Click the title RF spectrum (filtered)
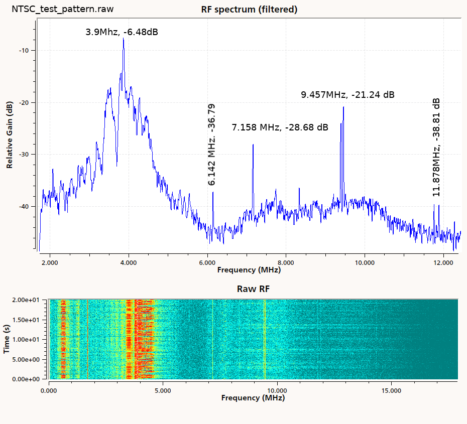(x=249, y=10)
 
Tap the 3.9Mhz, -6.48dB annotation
(x=122, y=32)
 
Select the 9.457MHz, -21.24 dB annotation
(x=347, y=94)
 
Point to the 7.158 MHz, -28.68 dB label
(x=280, y=127)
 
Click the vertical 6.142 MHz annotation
(x=211, y=145)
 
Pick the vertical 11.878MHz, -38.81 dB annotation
(x=436, y=147)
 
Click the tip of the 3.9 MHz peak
(x=123, y=39)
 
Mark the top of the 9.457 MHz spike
(x=343, y=107)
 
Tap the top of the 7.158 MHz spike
(x=253, y=145)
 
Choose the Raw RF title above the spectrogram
(x=249, y=289)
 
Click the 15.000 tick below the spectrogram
(x=391, y=390)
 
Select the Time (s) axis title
(x=7, y=339)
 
